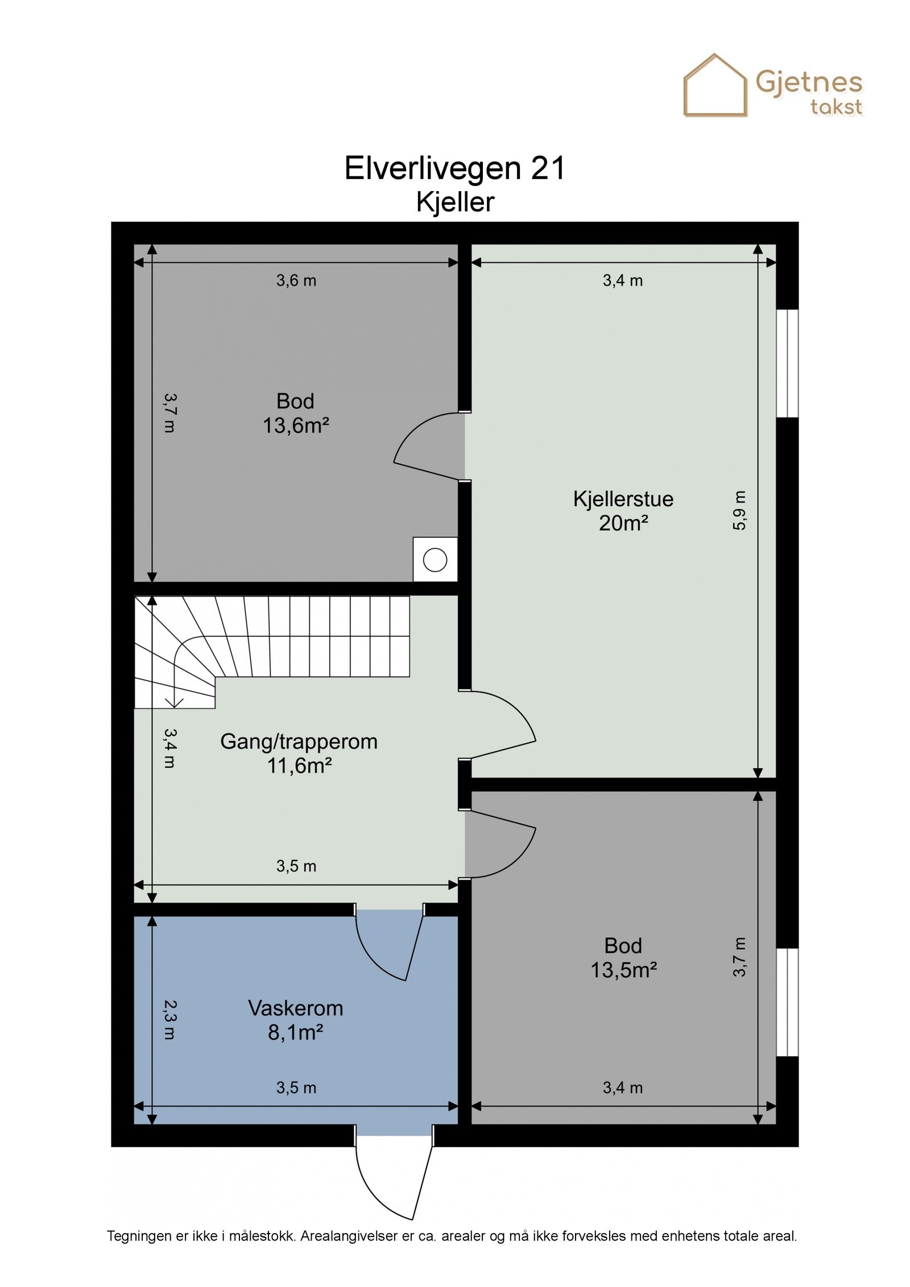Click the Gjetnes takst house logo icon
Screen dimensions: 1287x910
(x=714, y=86)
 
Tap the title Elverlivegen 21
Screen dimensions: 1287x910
(x=454, y=168)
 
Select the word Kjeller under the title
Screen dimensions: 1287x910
(x=455, y=202)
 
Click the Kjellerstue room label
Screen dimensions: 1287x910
(x=623, y=499)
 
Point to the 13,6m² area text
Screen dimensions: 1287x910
(x=296, y=425)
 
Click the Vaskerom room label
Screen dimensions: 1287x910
(x=295, y=1008)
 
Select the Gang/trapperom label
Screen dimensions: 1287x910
(x=299, y=741)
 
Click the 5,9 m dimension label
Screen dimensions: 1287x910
(x=739, y=510)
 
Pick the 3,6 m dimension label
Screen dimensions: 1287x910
(x=296, y=280)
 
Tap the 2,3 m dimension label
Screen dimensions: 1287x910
(x=169, y=1020)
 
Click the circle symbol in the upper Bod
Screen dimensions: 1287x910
(x=435, y=560)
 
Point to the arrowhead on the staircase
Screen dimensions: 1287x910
(x=176, y=704)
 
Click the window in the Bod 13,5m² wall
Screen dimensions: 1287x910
(x=787, y=1002)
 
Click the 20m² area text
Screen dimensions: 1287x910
(x=623, y=523)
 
